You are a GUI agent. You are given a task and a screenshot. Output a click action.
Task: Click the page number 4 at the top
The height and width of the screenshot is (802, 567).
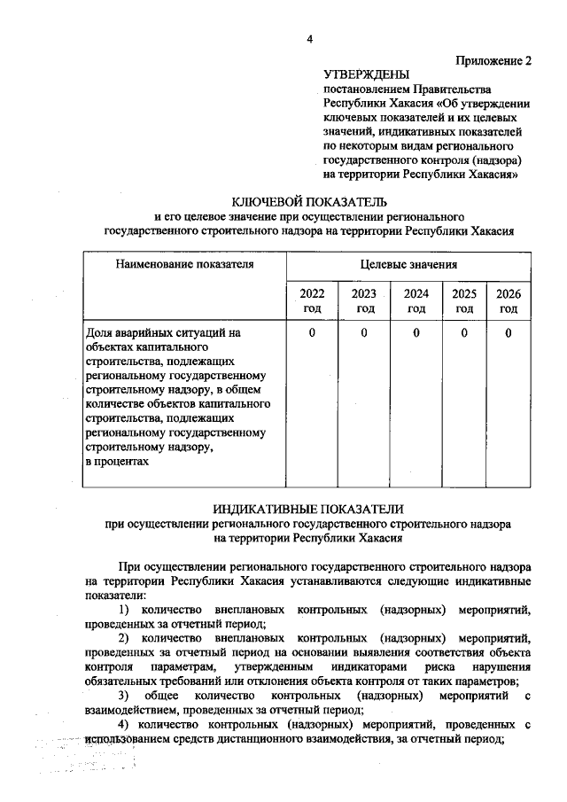tap(309, 39)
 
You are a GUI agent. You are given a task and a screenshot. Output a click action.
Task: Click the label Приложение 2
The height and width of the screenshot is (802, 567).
tap(493, 61)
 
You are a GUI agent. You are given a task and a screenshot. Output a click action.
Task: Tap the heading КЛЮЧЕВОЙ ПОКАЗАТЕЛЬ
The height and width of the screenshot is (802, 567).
tap(307, 201)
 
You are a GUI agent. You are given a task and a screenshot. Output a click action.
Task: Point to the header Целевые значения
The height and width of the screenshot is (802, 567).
tap(408, 264)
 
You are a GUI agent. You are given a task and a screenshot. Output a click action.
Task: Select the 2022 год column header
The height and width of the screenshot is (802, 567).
tap(312, 301)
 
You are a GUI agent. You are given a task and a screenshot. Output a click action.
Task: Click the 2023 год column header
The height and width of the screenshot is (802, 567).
tap(364, 301)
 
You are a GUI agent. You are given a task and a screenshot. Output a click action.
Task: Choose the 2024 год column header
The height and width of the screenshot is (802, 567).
tap(416, 301)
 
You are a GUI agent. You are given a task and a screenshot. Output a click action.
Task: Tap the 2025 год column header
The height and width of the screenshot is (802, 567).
tap(464, 301)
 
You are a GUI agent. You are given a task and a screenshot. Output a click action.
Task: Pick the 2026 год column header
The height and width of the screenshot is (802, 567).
tap(508, 301)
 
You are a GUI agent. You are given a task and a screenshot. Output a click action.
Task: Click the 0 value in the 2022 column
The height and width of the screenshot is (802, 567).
tap(312, 333)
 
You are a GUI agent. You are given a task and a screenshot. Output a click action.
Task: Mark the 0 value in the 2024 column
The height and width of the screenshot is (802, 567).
tap(416, 333)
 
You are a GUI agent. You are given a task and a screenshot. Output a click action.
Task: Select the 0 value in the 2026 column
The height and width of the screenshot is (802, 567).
tap(508, 333)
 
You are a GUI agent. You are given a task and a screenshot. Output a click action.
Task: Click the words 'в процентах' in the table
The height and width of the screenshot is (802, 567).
tap(117, 462)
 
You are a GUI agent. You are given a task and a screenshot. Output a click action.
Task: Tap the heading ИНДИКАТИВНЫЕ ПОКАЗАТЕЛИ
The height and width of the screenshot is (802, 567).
tap(307, 510)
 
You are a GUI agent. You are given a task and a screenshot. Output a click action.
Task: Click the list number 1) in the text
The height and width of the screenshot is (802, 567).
tap(124, 611)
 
